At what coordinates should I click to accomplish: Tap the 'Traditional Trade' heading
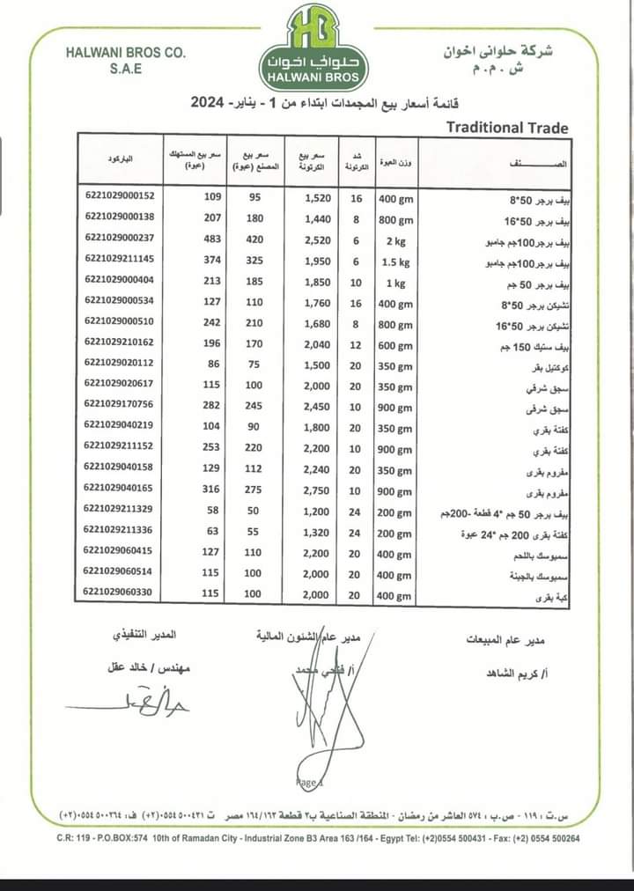(507, 128)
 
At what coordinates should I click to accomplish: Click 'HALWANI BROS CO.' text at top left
(126, 53)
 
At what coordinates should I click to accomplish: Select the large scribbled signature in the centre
(326, 713)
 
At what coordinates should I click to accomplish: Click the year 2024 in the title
(210, 104)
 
